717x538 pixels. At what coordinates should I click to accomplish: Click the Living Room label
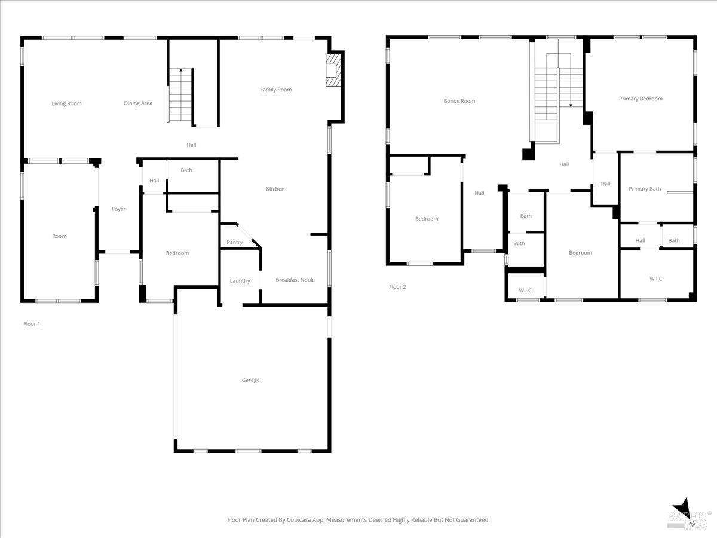click(67, 103)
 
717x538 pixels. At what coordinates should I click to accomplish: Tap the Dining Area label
click(138, 103)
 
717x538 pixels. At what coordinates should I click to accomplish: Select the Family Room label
click(275, 90)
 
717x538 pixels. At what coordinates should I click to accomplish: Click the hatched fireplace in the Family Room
click(333, 70)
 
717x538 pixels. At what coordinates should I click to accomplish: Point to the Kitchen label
click(275, 189)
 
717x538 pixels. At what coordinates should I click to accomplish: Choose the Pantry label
click(235, 242)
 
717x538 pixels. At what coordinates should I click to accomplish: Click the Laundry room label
click(240, 281)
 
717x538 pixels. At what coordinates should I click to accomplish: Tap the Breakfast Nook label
click(295, 280)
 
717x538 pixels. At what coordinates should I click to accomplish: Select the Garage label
click(250, 380)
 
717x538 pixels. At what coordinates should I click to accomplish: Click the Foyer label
click(118, 209)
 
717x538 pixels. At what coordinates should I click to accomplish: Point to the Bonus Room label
click(459, 101)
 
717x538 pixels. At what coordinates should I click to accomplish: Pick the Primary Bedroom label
click(641, 99)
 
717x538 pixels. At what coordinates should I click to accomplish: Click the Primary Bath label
click(645, 189)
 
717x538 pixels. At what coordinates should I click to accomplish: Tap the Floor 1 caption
click(32, 324)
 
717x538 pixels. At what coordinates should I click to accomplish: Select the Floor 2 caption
click(397, 287)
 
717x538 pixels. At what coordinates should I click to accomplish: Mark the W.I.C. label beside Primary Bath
click(656, 279)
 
